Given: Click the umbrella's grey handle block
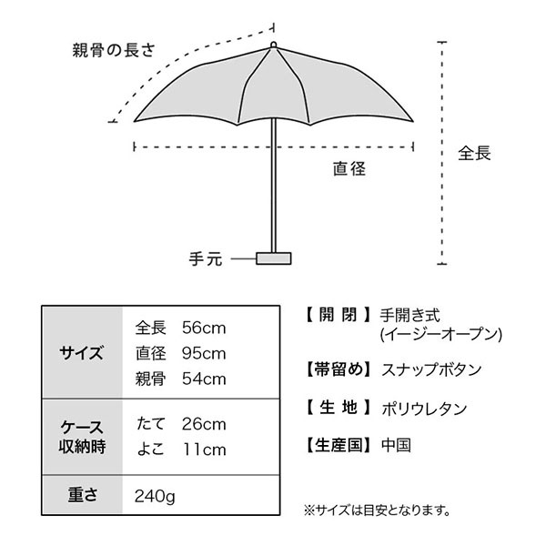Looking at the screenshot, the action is click(x=273, y=258).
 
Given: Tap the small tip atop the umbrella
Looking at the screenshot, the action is click(x=273, y=45).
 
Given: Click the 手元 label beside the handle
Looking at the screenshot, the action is click(x=206, y=259).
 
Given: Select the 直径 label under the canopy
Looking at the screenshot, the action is click(x=349, y=169).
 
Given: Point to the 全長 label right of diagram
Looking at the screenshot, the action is click(x=474, y=153).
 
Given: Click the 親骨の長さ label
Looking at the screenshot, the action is click(x=114, y=50).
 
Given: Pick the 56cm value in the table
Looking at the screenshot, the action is click(x=204, y=328).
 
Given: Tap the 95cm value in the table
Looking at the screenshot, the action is click(x=204, y=353).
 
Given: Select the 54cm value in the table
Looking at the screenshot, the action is click(x=204, y=379).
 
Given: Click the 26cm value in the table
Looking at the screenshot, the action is click(x=204, y=424).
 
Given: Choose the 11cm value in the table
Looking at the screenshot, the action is click(x=205, y=450).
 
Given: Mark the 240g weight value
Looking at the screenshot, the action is click(x=155, y=496).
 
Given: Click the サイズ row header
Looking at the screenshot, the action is click(x=82, y=353).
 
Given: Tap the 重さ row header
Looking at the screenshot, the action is click(x=82, y=494).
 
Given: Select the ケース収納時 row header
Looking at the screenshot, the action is click(x=82, y=437).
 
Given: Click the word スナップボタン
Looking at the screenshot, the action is click(x=431, y=369).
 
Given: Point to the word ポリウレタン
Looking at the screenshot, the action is click(x=424, y=409).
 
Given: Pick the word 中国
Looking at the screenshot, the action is click(x=396, y=445).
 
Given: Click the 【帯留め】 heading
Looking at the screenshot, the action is click(x=339, y=369).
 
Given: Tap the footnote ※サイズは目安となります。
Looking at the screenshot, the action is click(x=378, y=511).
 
